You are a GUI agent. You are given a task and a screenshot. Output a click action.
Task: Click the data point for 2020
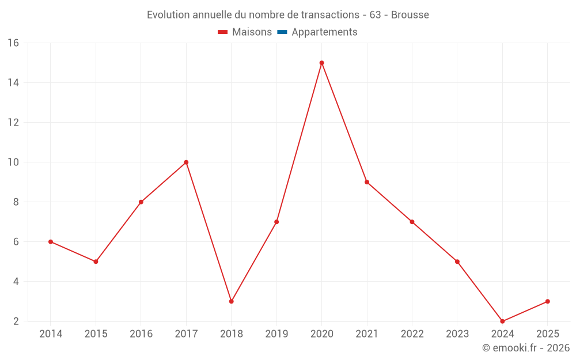[321, 63]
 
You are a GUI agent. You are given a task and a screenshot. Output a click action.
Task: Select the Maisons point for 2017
[186, 162]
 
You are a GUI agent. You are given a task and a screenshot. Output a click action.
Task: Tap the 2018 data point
[231, 301]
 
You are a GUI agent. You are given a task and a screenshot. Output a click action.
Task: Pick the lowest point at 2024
[502, 321]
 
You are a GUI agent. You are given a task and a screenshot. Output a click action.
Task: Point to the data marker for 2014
[51, 242]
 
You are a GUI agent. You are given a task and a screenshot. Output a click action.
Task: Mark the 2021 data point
[367, 182]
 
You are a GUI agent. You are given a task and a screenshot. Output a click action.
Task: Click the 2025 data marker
[547, 301]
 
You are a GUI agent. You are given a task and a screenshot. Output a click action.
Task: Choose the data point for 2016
[141, 202]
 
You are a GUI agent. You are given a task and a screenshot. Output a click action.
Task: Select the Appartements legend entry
[324, 32]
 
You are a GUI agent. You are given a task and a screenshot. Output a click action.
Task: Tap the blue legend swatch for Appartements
[282, 32]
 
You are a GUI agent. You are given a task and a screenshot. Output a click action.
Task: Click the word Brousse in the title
[410, 15]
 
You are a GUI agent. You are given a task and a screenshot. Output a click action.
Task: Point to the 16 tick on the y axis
[13, 43]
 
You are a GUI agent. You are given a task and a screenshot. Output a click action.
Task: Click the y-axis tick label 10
[13, 162]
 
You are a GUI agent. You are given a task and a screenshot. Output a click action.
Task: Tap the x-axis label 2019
[276, 334]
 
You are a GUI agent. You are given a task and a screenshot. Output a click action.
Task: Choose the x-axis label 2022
[412, 334]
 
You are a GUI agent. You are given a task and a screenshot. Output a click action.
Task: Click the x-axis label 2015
[96, 334]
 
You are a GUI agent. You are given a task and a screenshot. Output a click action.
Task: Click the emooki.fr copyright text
[525, 348]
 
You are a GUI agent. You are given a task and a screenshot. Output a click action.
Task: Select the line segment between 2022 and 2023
[434, 242]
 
